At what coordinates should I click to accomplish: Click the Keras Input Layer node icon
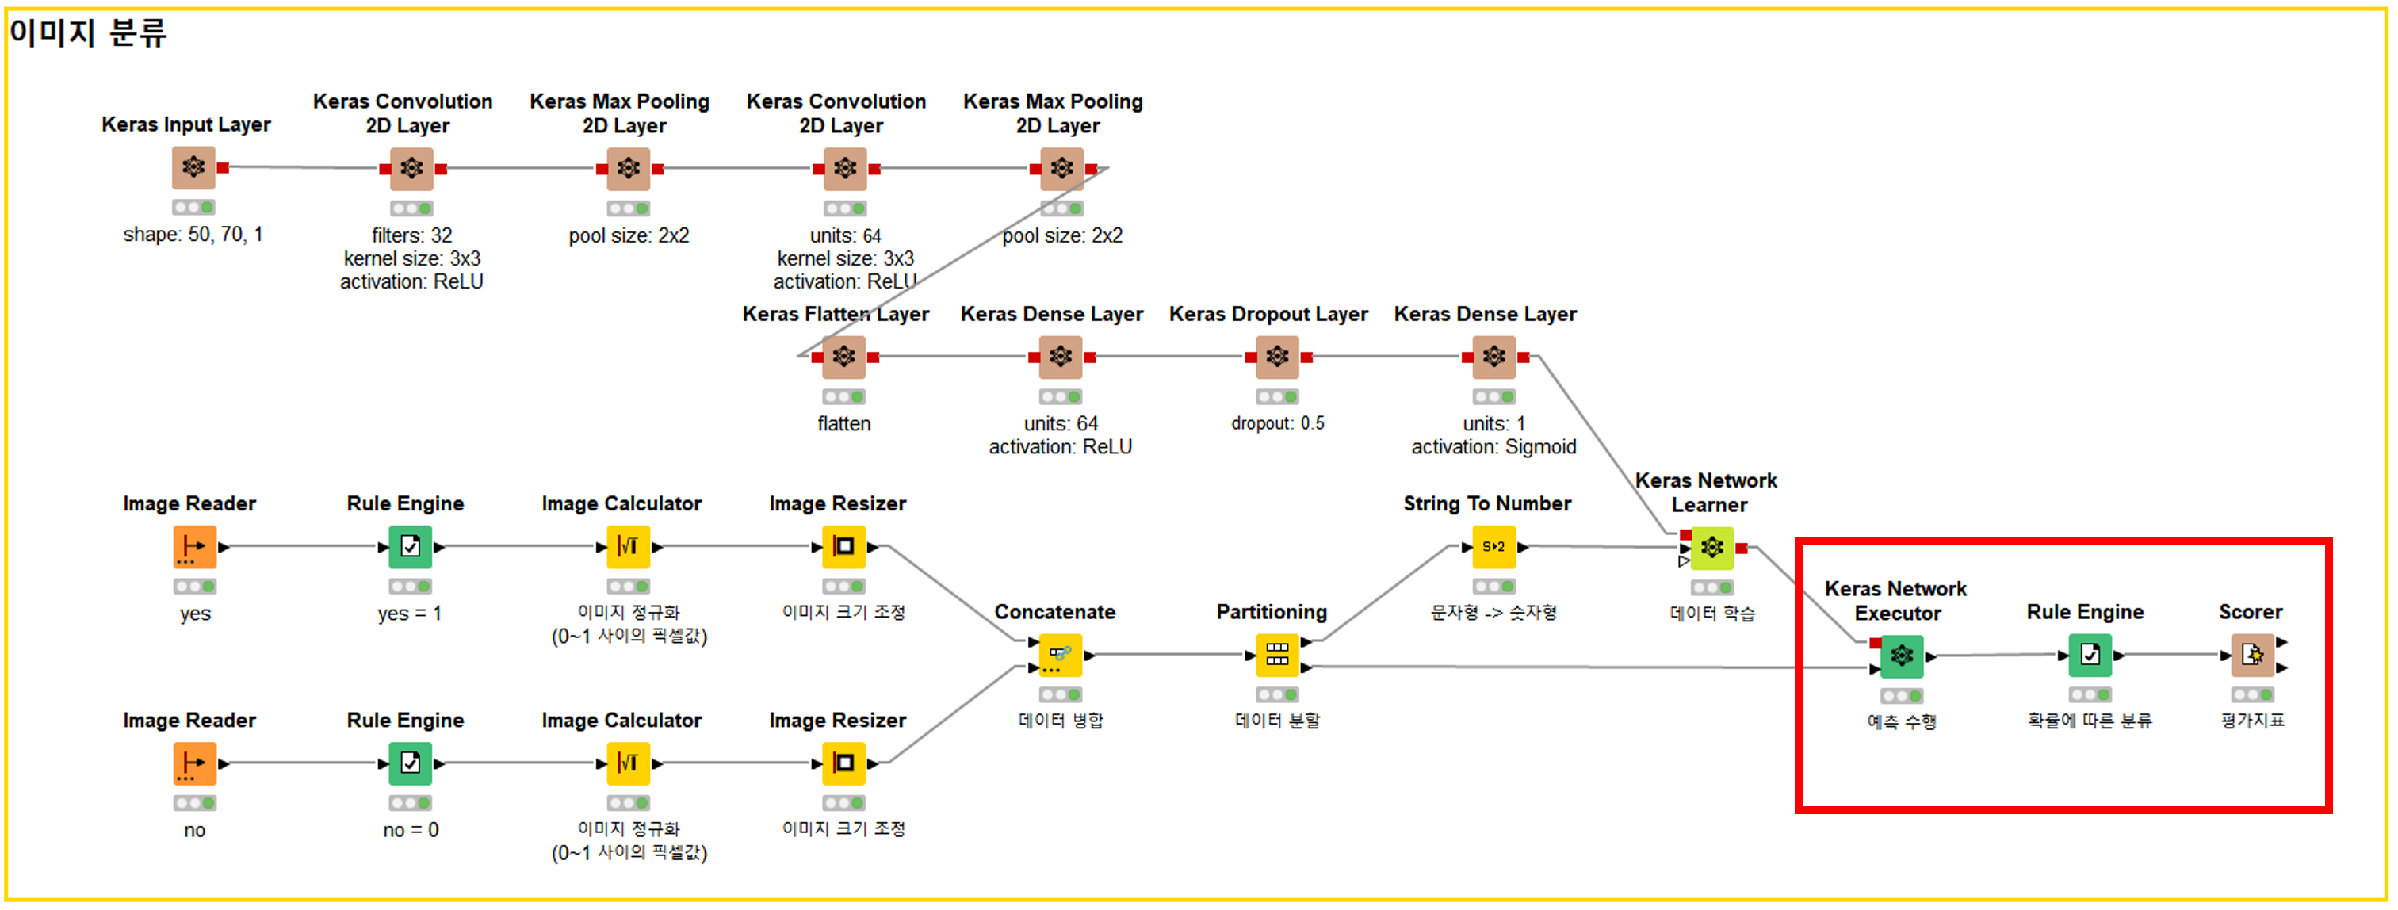coord(193,167)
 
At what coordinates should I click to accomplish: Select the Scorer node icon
coord(2252,655)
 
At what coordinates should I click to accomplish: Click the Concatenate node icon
coord(1061,655)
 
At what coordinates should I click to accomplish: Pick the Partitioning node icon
coord(1276,655)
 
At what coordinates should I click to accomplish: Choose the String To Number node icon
coord(1493,547)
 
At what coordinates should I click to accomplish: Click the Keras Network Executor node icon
coord(1901,656)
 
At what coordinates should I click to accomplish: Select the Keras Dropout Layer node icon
coord(1277,357)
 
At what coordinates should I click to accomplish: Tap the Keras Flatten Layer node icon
coord(843,357)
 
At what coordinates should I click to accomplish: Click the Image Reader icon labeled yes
coord(194,547)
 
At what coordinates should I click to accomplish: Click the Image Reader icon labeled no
coord(194,764)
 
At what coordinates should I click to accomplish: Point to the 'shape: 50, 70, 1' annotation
coord(193,235)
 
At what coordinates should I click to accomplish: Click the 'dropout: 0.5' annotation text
coord(1277,423)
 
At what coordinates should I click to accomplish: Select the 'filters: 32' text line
coord(411,235)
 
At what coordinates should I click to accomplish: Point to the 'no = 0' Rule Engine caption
coord(411,830)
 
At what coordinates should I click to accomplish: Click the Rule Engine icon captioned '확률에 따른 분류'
coord(2090,655)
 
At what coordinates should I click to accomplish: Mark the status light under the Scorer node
coord(2252,695)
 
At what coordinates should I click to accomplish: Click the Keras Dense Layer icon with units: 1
coord(1493,357)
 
